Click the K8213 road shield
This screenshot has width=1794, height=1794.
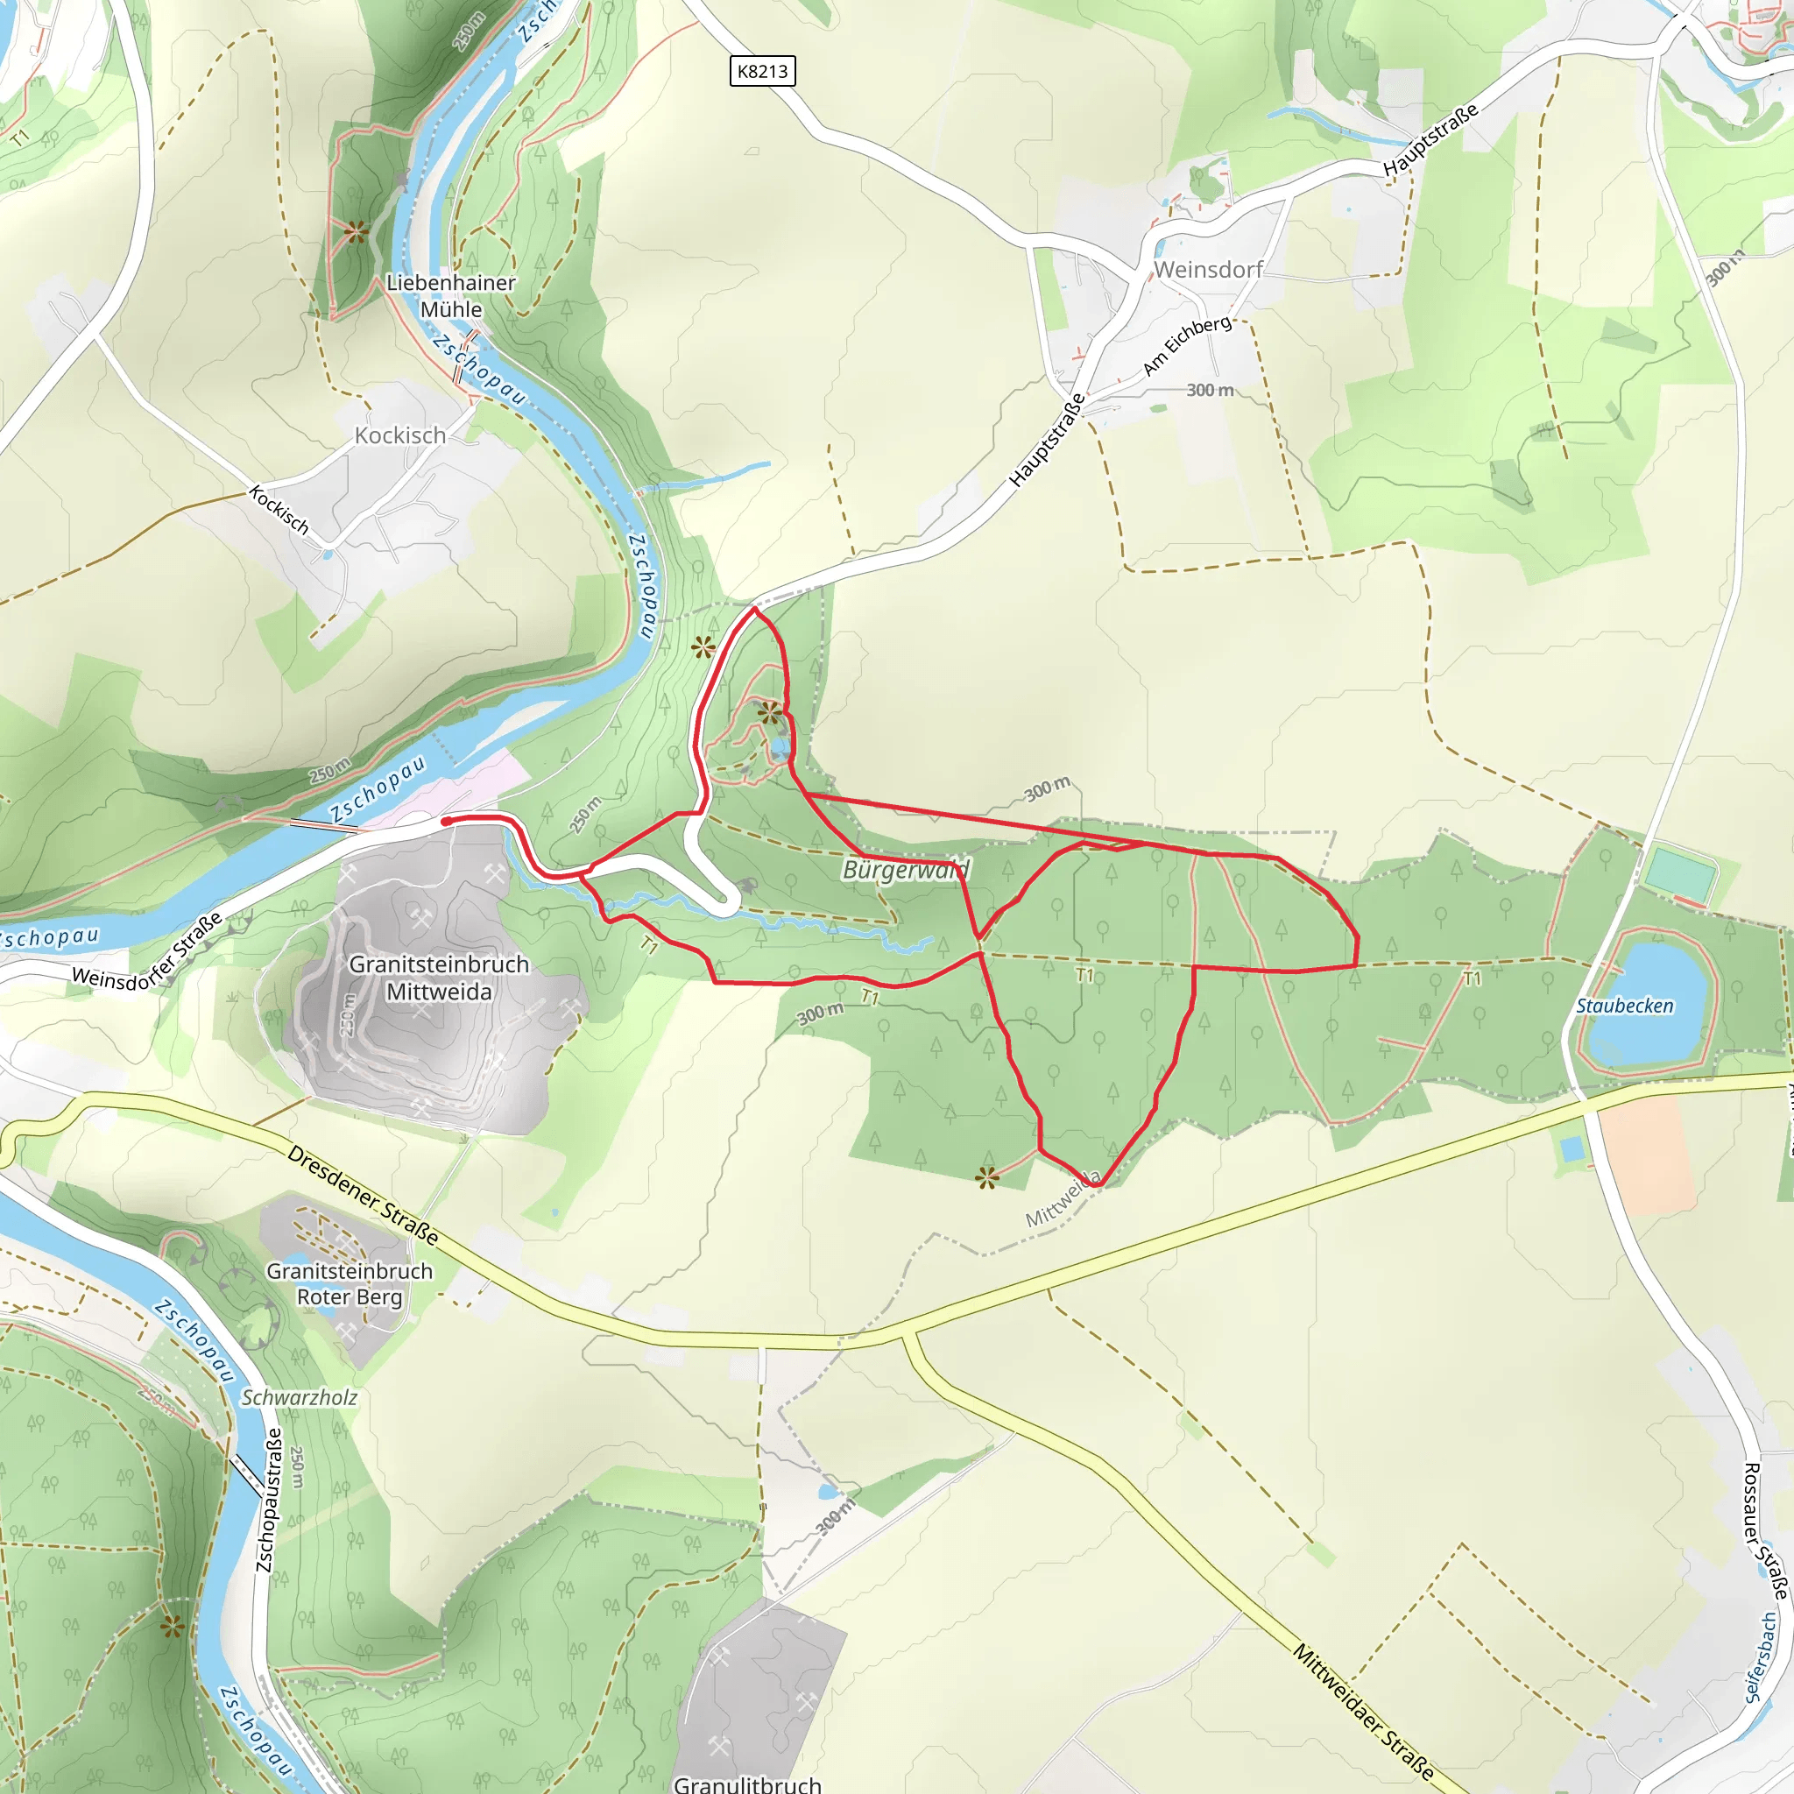tap(762, 71)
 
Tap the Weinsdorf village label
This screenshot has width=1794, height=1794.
tap(1208, 269)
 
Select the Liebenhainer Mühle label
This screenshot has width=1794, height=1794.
tap(450, 295)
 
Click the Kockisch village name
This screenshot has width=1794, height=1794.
tap(400, 434)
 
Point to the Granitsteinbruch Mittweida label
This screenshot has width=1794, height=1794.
tap(439, 978)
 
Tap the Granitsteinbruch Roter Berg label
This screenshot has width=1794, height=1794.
tap(350, 1283)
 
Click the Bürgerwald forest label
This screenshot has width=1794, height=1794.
tap(906, 869)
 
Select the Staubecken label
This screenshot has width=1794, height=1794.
tap(1625, 1006)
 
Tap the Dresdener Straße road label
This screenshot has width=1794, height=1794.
tap(362, 1194)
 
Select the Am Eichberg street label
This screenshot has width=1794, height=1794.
tap(1187, 345)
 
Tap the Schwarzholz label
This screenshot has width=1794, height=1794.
tap(299, 1397)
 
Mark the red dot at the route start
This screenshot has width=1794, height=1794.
tap(446, 821)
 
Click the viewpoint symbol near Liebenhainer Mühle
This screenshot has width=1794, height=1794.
tap(356, 230)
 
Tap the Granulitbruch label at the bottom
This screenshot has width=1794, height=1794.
tap(746, 1783)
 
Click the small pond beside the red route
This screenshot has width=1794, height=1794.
tap(779, 747)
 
